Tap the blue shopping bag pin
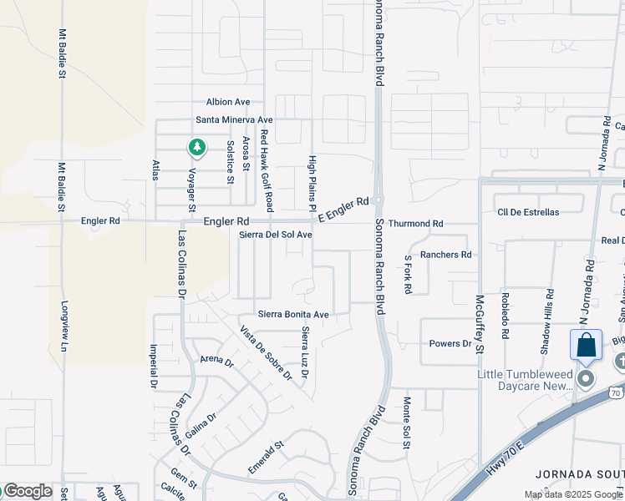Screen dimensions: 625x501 586,346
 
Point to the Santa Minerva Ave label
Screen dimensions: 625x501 234,120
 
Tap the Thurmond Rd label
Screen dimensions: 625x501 415,224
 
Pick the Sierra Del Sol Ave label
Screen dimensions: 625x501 276,235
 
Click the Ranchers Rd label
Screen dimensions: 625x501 445,255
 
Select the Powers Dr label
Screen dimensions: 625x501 450,343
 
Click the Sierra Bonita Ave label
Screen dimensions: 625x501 293,315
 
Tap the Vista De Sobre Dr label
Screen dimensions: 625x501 266,352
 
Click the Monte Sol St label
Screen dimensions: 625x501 407,434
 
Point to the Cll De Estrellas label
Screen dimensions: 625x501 527,212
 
